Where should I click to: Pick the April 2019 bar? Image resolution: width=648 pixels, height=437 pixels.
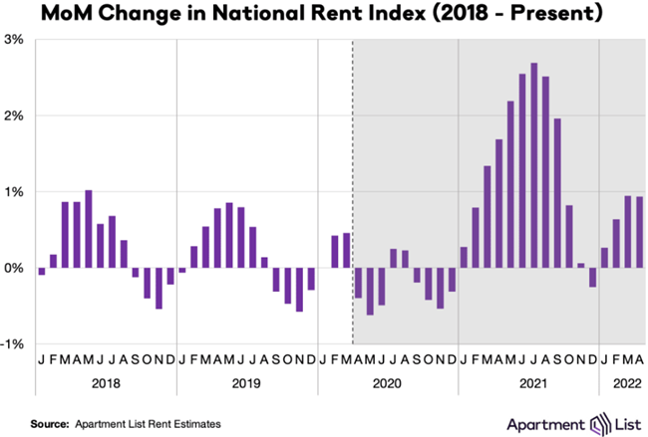click(x=217, y=238)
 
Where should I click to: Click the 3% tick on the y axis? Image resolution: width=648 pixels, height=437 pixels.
click(x=15, y=40)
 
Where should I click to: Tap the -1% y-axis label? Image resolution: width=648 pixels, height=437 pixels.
click(x=13, y=343)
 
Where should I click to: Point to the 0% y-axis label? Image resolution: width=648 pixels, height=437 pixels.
click(x=15, y=268)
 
